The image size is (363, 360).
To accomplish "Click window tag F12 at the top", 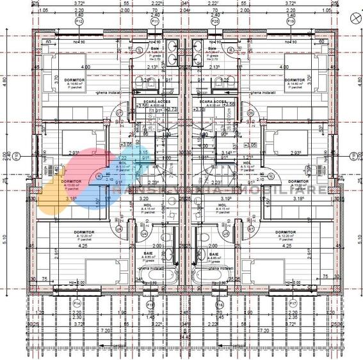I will point(79,21).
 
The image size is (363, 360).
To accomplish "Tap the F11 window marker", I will point(154,21).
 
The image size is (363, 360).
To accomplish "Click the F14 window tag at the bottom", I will point(77,303).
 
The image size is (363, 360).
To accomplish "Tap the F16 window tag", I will point(217,303).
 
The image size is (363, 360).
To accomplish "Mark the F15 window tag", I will point(150,303).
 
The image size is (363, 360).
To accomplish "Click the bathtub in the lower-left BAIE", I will point(155,278).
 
